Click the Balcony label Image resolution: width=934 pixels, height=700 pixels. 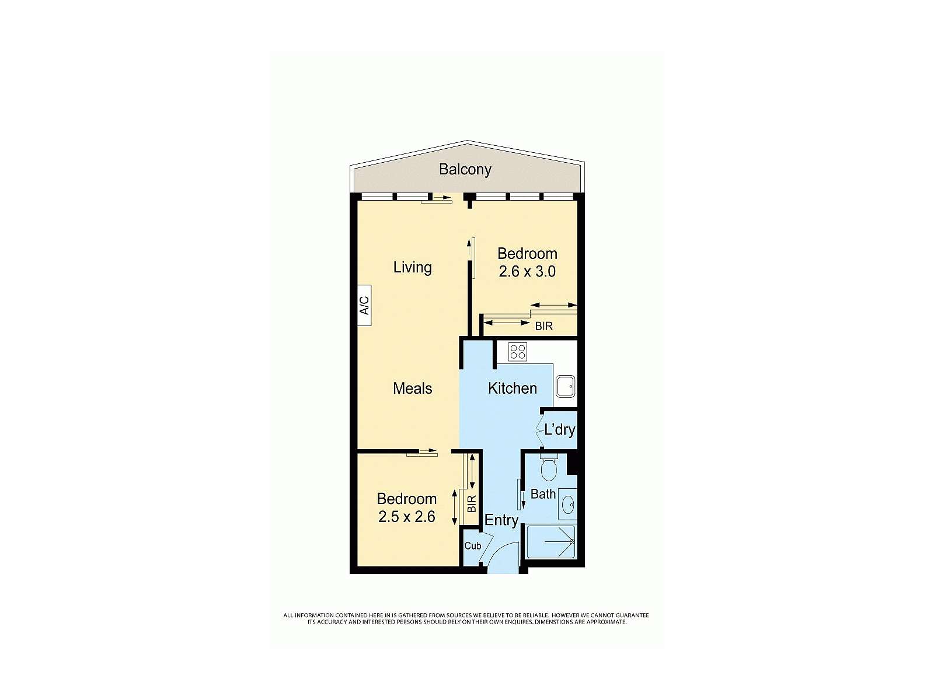[465, 169]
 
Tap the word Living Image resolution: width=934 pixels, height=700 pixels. [412, 267]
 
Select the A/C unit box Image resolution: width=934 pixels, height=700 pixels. [364, 305]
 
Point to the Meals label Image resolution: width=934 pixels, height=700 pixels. [412, 388]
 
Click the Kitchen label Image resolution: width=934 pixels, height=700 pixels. [512, 388]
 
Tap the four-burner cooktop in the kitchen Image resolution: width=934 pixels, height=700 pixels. [517, 352]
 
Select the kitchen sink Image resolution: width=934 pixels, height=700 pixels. [564, 386]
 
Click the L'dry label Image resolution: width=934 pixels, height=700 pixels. [559, 430]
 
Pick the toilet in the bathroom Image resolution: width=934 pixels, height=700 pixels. [549, 468]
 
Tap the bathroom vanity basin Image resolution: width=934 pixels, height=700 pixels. [568, 504]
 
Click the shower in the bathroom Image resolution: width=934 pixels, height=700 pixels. [551, 542]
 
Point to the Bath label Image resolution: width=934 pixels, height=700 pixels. [543, 494]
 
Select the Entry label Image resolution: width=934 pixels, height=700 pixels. [501, 520]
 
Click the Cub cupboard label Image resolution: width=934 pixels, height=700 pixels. [472, 546]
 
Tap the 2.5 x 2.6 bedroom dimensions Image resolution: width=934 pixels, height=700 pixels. [406, 517]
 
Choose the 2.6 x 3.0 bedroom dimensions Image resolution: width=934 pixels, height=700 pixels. [527, 271]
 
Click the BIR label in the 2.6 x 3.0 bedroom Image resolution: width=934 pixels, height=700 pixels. [543, 326]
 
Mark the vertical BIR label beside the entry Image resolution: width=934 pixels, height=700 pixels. [472, 503]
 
